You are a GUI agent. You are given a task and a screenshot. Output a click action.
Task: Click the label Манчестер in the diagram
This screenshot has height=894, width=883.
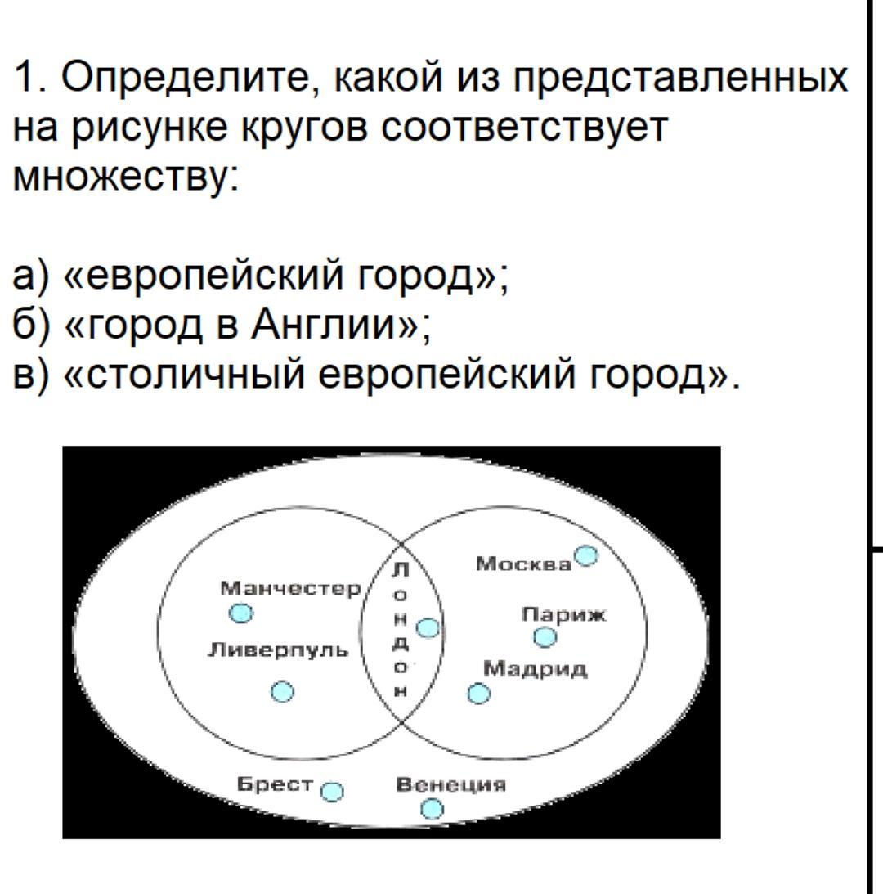click(291, 588)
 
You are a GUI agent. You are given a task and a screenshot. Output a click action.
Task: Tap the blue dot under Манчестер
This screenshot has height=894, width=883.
click(240, 613)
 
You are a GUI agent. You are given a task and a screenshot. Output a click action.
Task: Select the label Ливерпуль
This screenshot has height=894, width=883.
click(278, 649)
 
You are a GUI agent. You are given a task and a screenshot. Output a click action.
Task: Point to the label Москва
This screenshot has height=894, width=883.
click(523, 564)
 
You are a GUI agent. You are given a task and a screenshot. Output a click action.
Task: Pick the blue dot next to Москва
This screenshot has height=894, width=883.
click(586, 555)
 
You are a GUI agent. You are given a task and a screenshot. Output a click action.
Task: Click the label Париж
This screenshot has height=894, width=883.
click(563, 614)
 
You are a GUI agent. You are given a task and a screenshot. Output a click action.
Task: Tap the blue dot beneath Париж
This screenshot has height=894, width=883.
click(545, 637)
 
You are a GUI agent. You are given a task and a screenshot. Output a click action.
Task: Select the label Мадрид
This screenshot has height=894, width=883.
click(535, 668)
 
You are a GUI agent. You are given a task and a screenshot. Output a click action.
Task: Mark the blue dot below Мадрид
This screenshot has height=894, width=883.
click(479, 694)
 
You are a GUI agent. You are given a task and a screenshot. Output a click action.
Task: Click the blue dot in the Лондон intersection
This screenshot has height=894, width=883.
click(428, 628)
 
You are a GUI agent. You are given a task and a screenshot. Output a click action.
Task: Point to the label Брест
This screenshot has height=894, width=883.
click(276, 784)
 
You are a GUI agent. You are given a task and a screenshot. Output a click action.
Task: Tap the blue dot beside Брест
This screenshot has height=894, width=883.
click(332, 792)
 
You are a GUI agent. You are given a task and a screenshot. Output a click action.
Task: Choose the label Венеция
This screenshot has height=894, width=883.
click(451, 784)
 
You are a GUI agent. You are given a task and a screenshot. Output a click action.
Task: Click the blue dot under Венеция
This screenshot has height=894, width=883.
click(432, 809)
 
